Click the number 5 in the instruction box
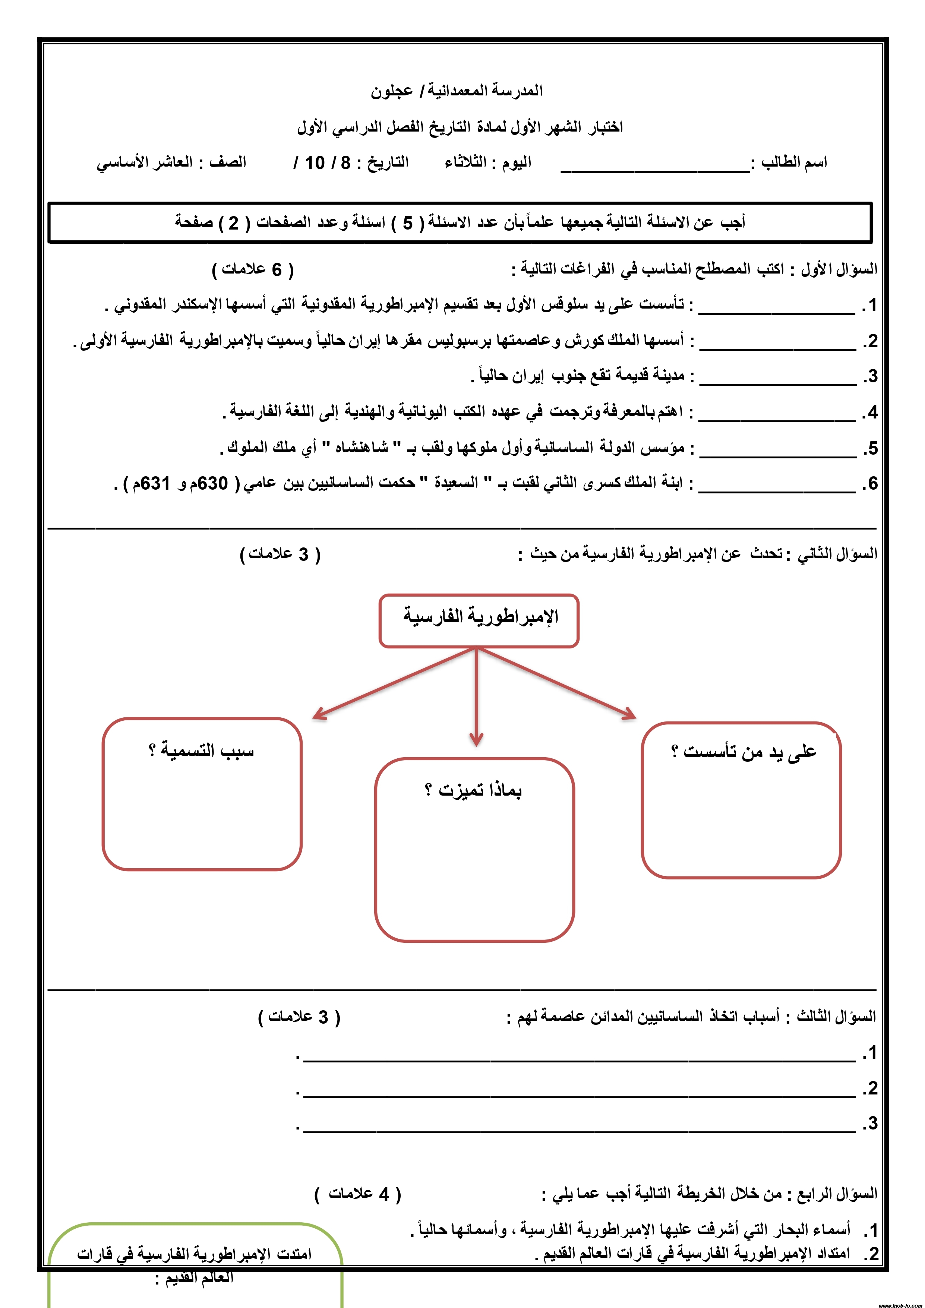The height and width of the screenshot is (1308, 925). (x=407, y=223)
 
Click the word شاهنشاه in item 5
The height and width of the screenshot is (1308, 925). (x=361, y=448)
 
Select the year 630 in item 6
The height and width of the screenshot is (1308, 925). (x=212, y=484)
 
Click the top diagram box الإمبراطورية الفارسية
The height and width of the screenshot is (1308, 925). (x=479, y=620)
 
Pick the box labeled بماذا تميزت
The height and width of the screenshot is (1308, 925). (x=474, y=849)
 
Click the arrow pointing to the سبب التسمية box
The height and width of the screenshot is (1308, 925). (x=393, y=683)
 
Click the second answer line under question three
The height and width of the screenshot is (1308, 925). (x=579, y=1095)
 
